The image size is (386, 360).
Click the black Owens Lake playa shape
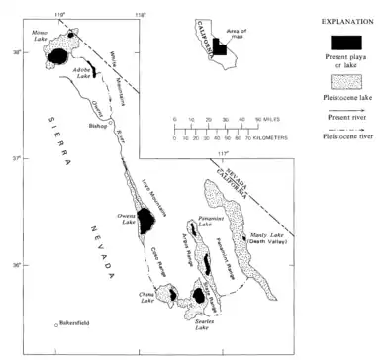[x=145, y=219]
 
